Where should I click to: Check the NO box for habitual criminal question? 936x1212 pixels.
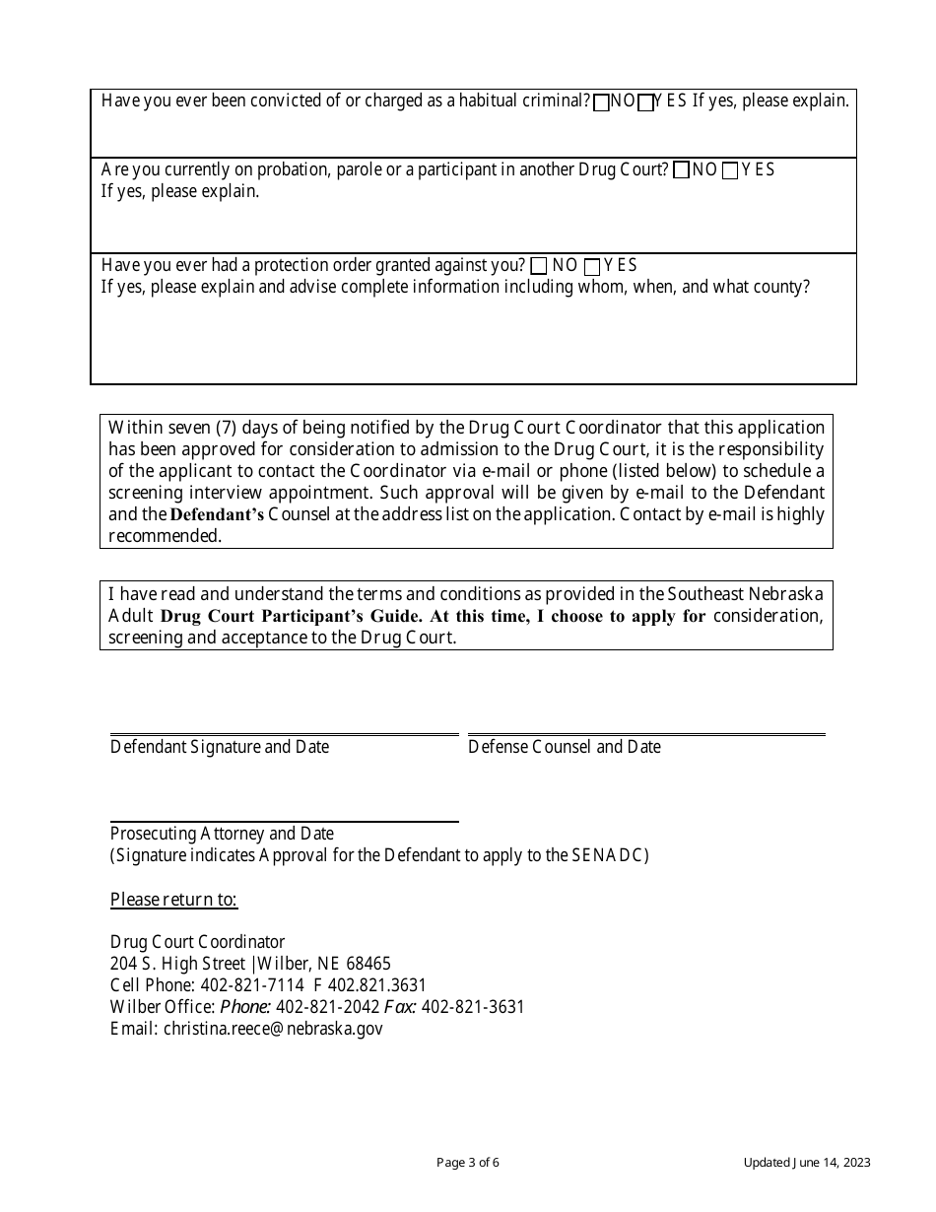click(x=601, y=102)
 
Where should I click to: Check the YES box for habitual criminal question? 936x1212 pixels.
click(x=646, y=102)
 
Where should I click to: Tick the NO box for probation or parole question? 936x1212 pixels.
click(x=681, y=170)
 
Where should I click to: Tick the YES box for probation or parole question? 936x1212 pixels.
click(x=730, y=170)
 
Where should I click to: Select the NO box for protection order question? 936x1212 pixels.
click(x=539, y=266)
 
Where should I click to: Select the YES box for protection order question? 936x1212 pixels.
click(x=592, y=266)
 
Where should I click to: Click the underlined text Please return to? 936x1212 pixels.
click(x=173, y=899)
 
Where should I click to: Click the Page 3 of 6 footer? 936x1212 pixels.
click(x=468, y=1163)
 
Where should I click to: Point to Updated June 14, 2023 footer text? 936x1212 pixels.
click(x=807, y=1163)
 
